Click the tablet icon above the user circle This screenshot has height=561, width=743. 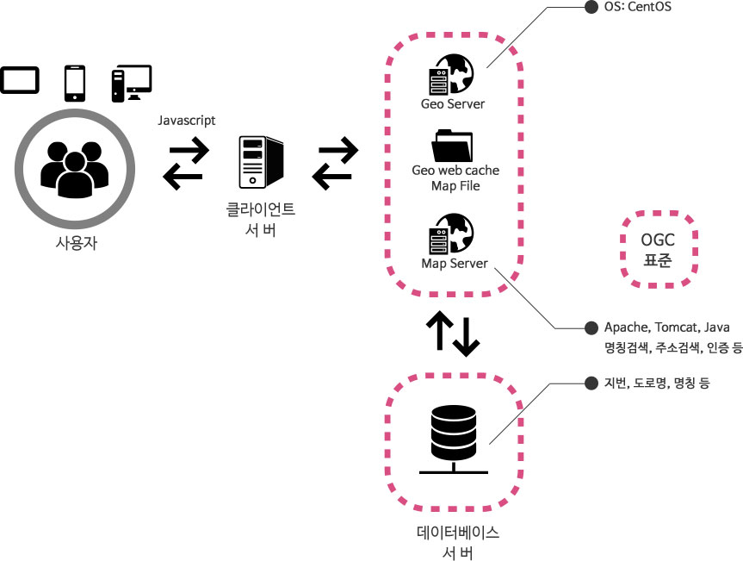click(x=20, y=81)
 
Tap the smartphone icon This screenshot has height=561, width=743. click(x=76, y=83)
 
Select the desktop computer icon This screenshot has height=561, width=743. click(x=131, y=84)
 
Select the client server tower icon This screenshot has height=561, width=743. click(x=261, y=164)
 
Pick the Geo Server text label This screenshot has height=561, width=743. click(x=453, y=104)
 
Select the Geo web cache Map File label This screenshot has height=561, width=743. click(x=455, y=178)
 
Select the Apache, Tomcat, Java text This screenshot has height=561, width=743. click(x=667, y=327)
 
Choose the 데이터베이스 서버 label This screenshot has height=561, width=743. click(x=456, y=541)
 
